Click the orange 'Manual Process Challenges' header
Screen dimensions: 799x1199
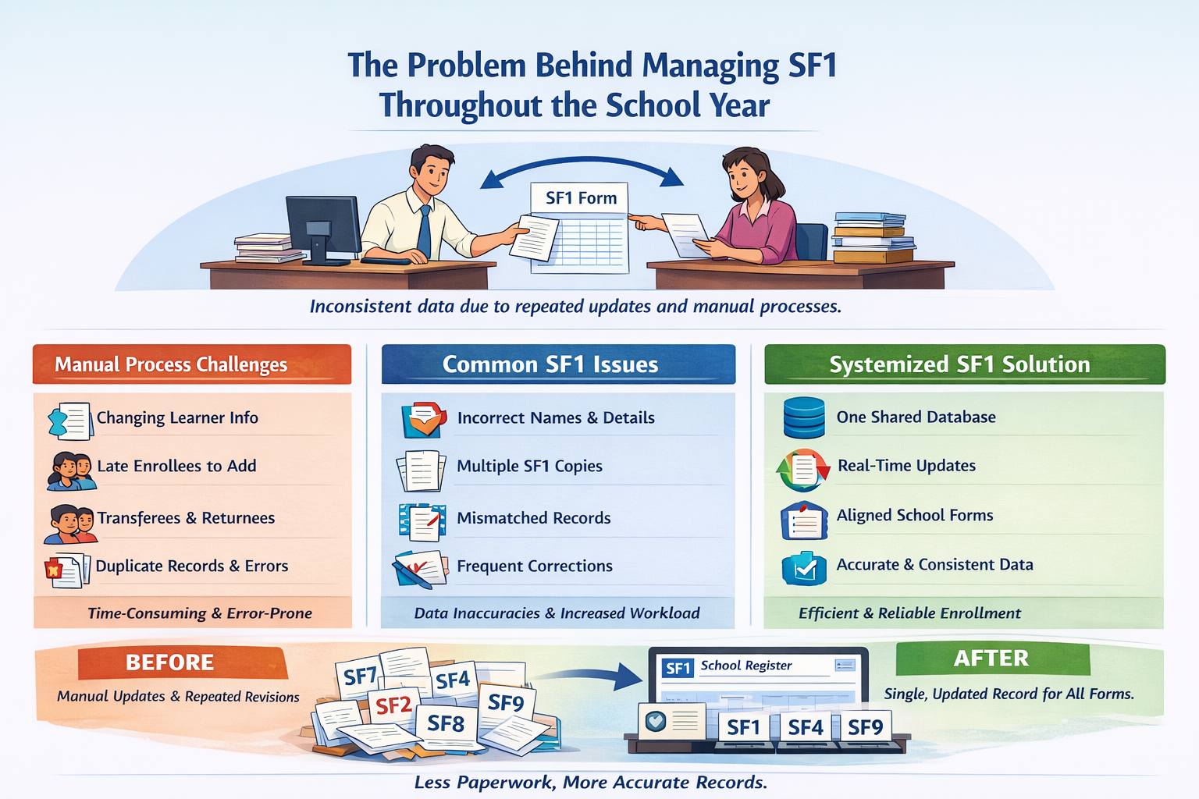tap(191, 364)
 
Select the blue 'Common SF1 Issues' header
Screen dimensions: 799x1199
tap(557, 364)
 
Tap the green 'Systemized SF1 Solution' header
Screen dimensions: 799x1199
tap(964, 364)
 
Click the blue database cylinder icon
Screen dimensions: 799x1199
tap(804, 417)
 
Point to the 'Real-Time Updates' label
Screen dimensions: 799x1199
tap(906, 466)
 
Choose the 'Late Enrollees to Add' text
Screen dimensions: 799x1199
tap(176, 466)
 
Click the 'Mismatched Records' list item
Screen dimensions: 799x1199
tap(533, 518)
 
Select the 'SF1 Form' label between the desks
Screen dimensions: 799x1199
tap(581, 198)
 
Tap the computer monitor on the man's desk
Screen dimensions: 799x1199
tap(322, 226)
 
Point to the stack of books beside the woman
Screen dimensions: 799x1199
tap(873, 237)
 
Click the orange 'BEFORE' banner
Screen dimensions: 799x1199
tap(171, 662)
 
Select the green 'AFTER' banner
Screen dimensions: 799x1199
tap(991, 659)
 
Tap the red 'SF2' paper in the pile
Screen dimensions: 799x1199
tap(393, 706)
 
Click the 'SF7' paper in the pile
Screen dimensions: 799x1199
tap(360, 676)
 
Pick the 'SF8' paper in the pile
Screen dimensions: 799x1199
tap(446, 724)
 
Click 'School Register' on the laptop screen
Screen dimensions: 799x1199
tap(745, 666)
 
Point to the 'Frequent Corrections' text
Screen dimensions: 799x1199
tap(534, 566)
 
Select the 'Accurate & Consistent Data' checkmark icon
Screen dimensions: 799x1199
tap(804, 568)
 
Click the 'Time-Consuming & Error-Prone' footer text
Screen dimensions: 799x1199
tap(199, 613)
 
